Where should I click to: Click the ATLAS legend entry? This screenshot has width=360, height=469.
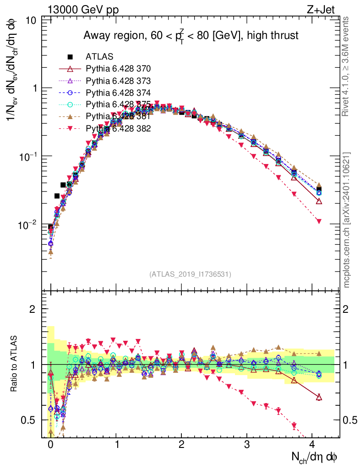[99, 57]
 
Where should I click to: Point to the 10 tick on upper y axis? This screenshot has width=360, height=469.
[32, 21]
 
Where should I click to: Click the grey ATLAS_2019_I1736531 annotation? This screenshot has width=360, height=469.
[190, 274]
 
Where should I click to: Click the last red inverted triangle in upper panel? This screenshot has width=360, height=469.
[319, 221]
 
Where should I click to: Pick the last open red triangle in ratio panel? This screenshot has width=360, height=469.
[319, 397]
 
